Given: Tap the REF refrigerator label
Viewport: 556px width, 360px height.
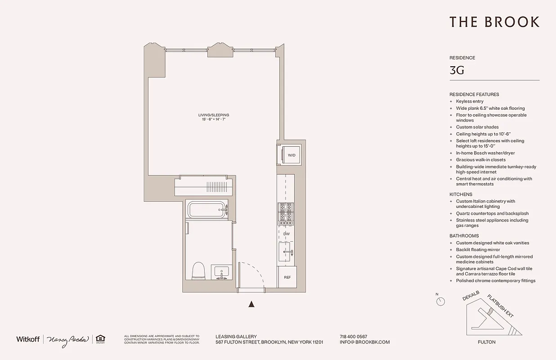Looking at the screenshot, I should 287,278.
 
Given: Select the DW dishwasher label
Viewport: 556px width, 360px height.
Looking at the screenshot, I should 287,234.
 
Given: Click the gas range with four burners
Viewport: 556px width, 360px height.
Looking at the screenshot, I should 286,213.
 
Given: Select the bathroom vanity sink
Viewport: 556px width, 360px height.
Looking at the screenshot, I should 221,272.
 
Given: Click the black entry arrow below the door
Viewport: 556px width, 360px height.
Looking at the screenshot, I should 251,305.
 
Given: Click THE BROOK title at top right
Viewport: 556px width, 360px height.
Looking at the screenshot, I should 494,22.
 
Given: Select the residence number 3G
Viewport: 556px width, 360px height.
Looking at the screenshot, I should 457,70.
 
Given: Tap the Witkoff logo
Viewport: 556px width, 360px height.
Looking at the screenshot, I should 28,339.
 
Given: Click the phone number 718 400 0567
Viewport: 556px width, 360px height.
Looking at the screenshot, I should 354,337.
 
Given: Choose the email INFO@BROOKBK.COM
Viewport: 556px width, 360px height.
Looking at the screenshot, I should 365,342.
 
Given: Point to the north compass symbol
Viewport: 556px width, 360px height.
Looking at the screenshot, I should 442,301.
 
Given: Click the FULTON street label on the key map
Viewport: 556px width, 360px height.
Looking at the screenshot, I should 487,342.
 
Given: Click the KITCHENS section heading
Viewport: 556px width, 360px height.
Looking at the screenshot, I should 461,194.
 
